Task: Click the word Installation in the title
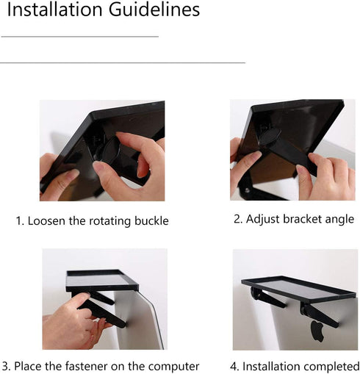click(55, 10)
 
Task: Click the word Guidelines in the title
click(154, 10)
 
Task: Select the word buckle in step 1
click(151, 220)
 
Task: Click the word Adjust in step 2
click(263, 219)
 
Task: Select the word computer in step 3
click(173, 367)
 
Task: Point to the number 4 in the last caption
click(234, 367)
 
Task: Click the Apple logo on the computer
click(317, 331)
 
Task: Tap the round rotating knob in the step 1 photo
click(111, 150)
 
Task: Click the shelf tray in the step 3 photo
click(102, 281)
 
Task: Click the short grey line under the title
click(80, 37)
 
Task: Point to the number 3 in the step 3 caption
click(5, 367)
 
